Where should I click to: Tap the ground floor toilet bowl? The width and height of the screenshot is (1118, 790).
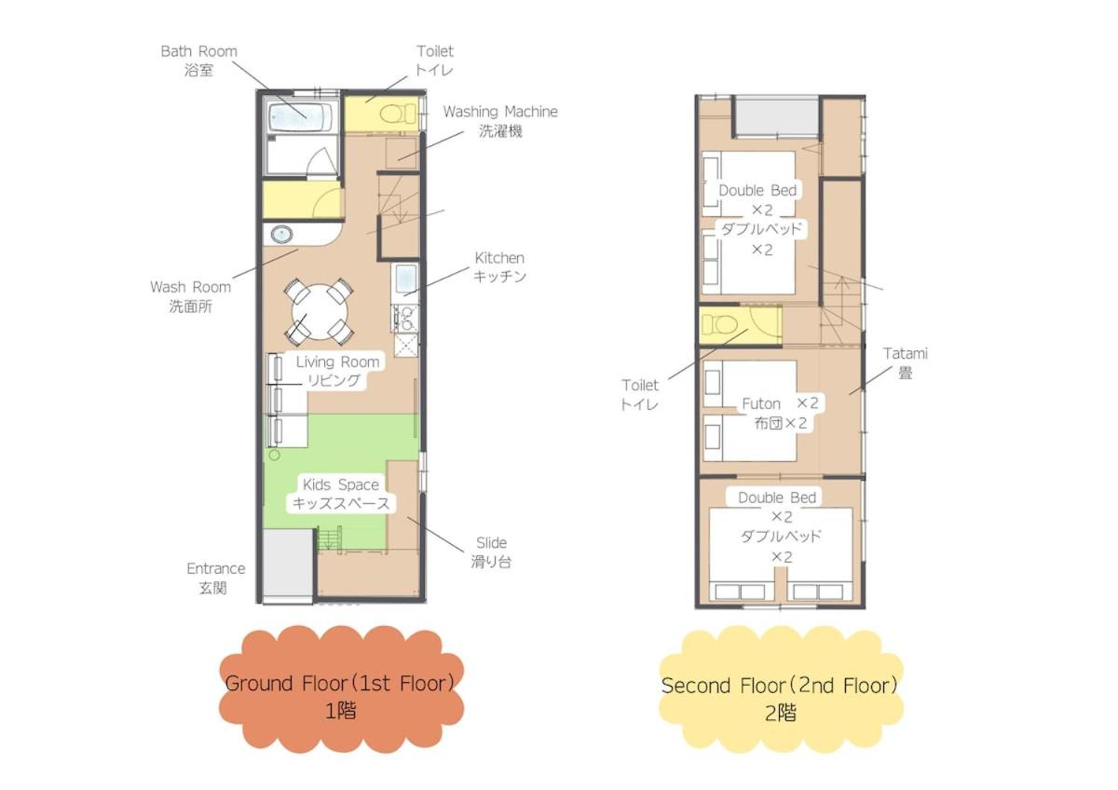click(398, 114)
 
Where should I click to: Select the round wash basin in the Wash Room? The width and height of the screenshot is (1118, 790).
click(281, 234)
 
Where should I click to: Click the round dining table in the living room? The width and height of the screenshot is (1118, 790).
click(319, 312)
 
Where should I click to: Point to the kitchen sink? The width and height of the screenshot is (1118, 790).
click(406, 279)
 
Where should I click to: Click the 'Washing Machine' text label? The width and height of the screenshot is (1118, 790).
click(500, 112)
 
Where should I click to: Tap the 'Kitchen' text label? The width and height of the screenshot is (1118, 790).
click(499, 258)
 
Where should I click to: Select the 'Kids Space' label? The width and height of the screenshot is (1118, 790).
click(341, 484)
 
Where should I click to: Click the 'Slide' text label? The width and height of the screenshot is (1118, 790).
click(491, 542)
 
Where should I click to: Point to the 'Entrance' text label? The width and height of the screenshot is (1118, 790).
click(215, 568)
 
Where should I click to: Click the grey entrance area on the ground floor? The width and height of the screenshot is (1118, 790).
click(288, 563)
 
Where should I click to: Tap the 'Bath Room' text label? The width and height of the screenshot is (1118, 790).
click(198, 51)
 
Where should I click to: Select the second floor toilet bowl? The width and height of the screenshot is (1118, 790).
click(719, 325)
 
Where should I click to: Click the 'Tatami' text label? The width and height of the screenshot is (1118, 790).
click(905, 354)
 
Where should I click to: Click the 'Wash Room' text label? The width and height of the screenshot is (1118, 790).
click(191, 288)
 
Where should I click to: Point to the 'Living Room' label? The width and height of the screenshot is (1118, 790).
click(337, 361)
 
